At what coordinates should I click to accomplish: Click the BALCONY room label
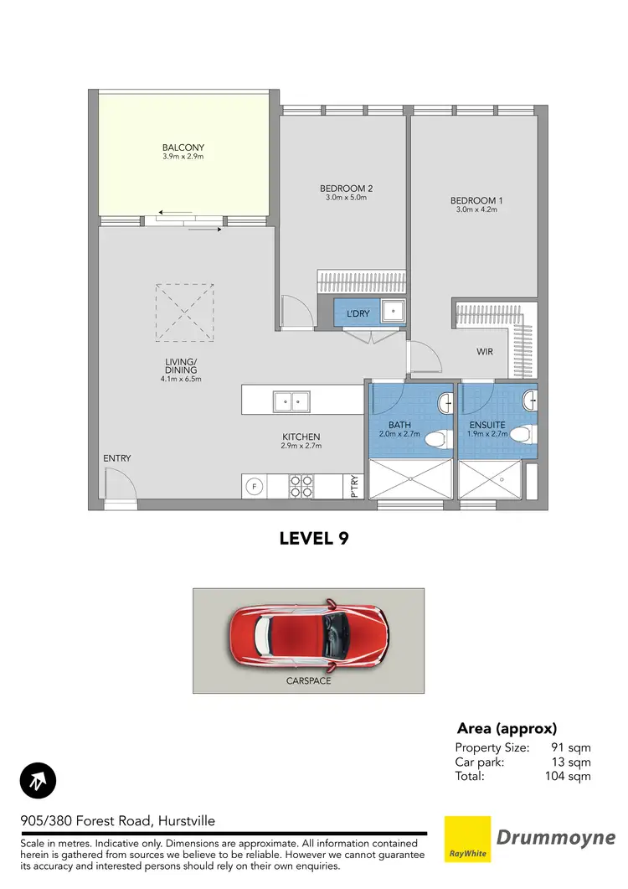click(183, 147)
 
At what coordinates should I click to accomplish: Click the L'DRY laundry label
click(358, 313)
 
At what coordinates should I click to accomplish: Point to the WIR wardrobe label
click(485, 352)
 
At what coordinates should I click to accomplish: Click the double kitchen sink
click(292, 402)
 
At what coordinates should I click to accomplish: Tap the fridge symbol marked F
click(254, 486)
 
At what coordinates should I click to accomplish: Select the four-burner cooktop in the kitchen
click(301, 486)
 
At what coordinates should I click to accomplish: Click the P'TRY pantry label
click(355, 487)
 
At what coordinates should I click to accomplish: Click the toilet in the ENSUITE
click(521, 435)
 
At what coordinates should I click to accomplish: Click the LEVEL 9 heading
click(313, 540)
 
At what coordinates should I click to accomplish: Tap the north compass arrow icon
click(38, 781)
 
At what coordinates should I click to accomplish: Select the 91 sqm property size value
click(573, 747)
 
